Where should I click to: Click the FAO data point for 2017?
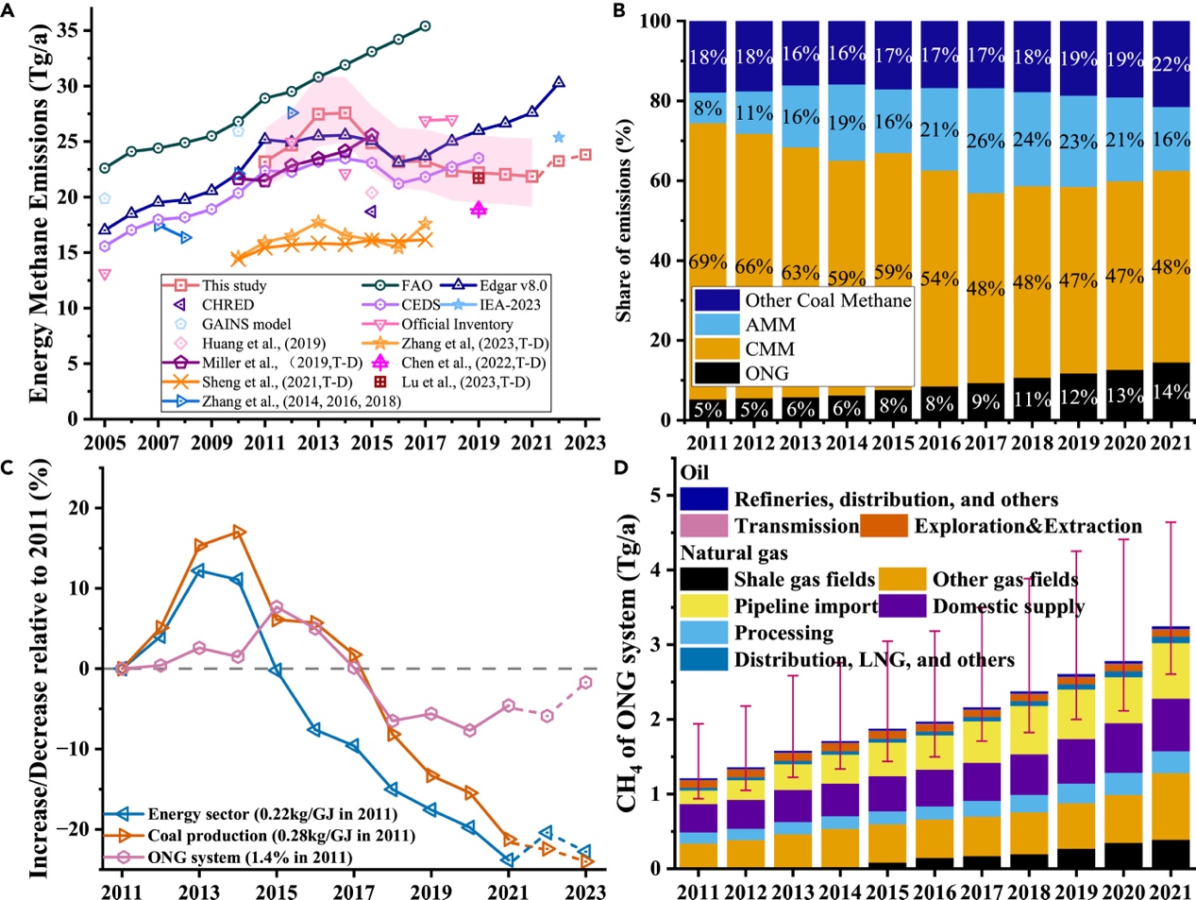coord(425,26)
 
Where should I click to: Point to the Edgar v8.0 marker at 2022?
coord(559,83)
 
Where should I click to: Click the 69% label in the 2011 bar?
coord(707,262)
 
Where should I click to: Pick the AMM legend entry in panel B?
coord(770,325)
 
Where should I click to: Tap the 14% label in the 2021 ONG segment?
coord(1171,391)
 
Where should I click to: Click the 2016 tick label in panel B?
coord(939,444)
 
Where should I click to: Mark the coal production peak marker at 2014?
coord(239,533)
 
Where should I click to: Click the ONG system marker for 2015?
coord(277,607)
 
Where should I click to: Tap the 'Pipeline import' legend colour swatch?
coord(703,605)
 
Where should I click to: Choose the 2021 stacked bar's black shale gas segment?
coord(1171,854)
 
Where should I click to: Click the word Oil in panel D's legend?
coord(694,472)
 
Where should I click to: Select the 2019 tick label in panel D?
coord(1078,890)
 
